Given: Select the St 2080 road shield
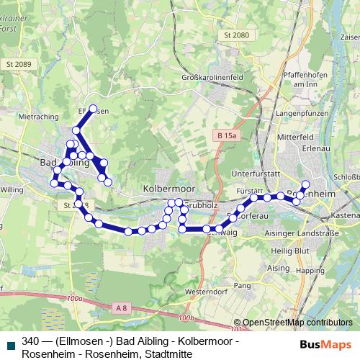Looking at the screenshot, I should [x=235, y=35].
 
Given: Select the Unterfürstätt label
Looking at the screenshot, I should [x=256, y=174].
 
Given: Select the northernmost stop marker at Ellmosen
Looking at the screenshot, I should [x=93, y=109].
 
